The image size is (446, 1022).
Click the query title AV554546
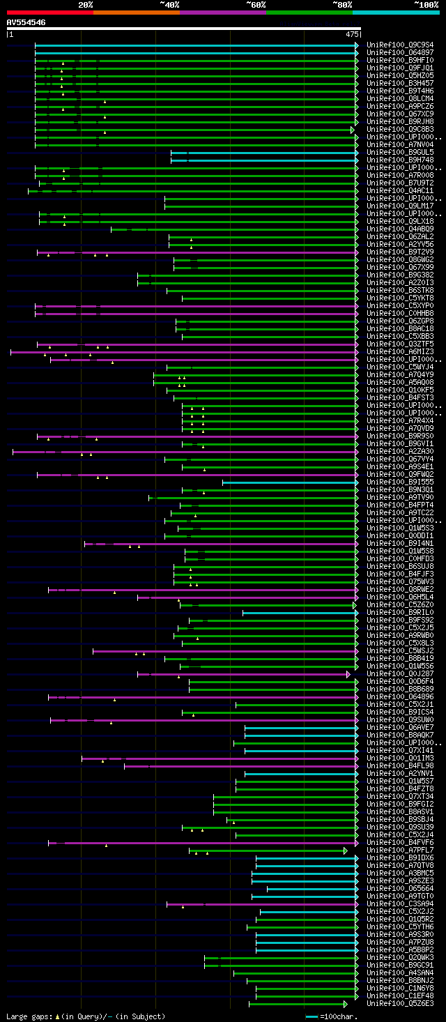click(26, 22)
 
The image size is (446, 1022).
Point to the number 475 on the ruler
click(352, 33)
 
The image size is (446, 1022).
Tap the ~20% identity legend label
click(86, 4)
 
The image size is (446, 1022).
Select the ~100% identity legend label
click(426, 4)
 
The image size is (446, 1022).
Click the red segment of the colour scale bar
click(49, 13)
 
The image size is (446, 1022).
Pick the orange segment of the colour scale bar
click(136, 13)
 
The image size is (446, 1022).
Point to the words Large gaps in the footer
click(28, 1016)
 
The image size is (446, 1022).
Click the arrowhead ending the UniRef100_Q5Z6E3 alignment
click(345, 1004)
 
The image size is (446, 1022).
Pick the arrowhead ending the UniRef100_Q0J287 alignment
click(348, 674)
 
